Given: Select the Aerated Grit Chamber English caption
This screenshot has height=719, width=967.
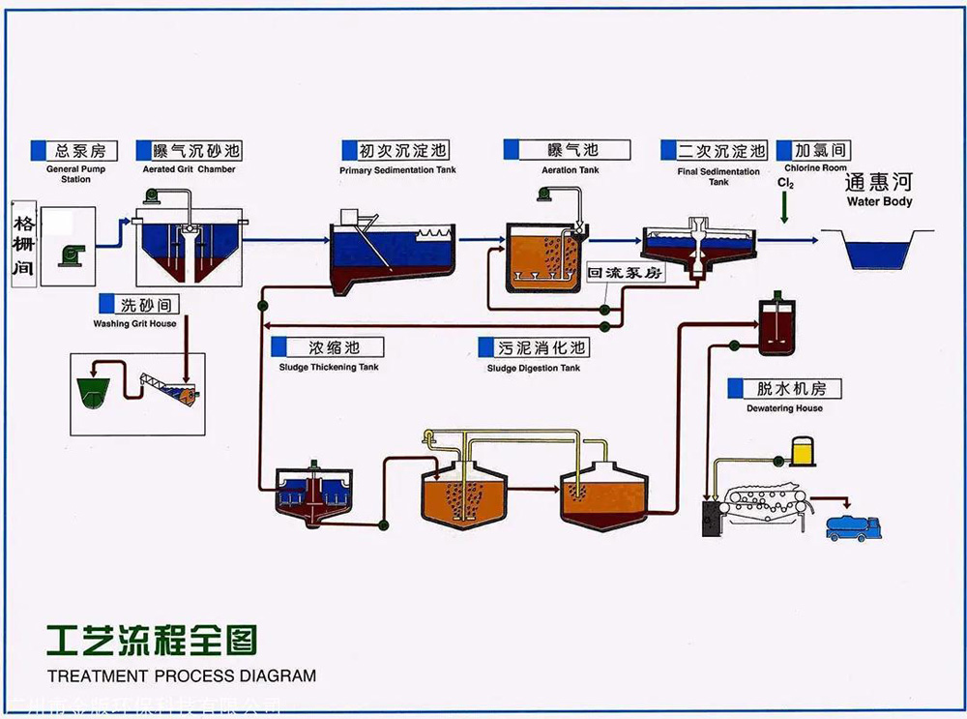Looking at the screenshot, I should click(189, 169).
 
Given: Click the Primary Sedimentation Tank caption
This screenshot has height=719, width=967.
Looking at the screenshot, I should click(397, 170).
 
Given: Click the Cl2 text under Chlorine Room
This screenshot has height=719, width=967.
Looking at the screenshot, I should click(786, 182).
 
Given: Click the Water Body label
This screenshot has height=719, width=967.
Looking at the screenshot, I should click(879, 202).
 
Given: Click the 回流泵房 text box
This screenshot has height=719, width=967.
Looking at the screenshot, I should click(626, 273).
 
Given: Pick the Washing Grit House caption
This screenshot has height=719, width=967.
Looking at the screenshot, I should click(134, 323).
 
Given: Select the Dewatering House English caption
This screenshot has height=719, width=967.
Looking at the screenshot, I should click(784, 408).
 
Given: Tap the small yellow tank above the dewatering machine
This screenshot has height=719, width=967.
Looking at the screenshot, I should click(803, 450).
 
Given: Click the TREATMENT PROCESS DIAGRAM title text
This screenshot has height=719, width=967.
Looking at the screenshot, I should click(181, 675).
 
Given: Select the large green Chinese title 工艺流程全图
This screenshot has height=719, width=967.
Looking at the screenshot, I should click(152, 640).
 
